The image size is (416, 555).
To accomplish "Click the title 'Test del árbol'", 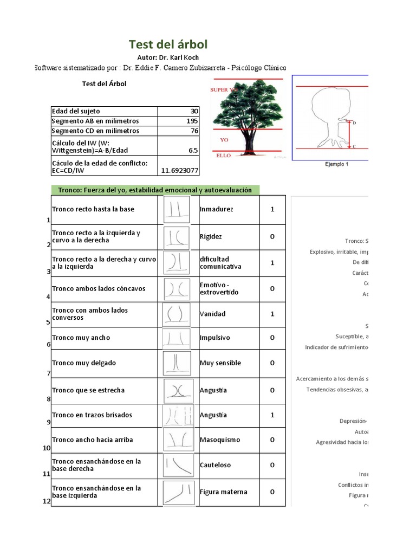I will tap(168, 44).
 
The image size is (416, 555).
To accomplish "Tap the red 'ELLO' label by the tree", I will tap(224, 156).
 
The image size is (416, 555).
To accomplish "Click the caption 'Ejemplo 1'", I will tap(336, 164).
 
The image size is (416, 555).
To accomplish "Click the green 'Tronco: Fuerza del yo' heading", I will tap(155, 190).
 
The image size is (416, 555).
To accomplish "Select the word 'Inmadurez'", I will tap(216, 209).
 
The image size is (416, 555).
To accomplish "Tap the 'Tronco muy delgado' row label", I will tap(84, 363).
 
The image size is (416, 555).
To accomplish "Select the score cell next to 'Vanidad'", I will tap(272, 314).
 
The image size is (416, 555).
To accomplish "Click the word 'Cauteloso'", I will tap(215, 465).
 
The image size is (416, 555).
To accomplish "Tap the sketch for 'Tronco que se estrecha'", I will tap(177, 390).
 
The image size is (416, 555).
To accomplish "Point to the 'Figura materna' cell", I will tap(223, 492).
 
